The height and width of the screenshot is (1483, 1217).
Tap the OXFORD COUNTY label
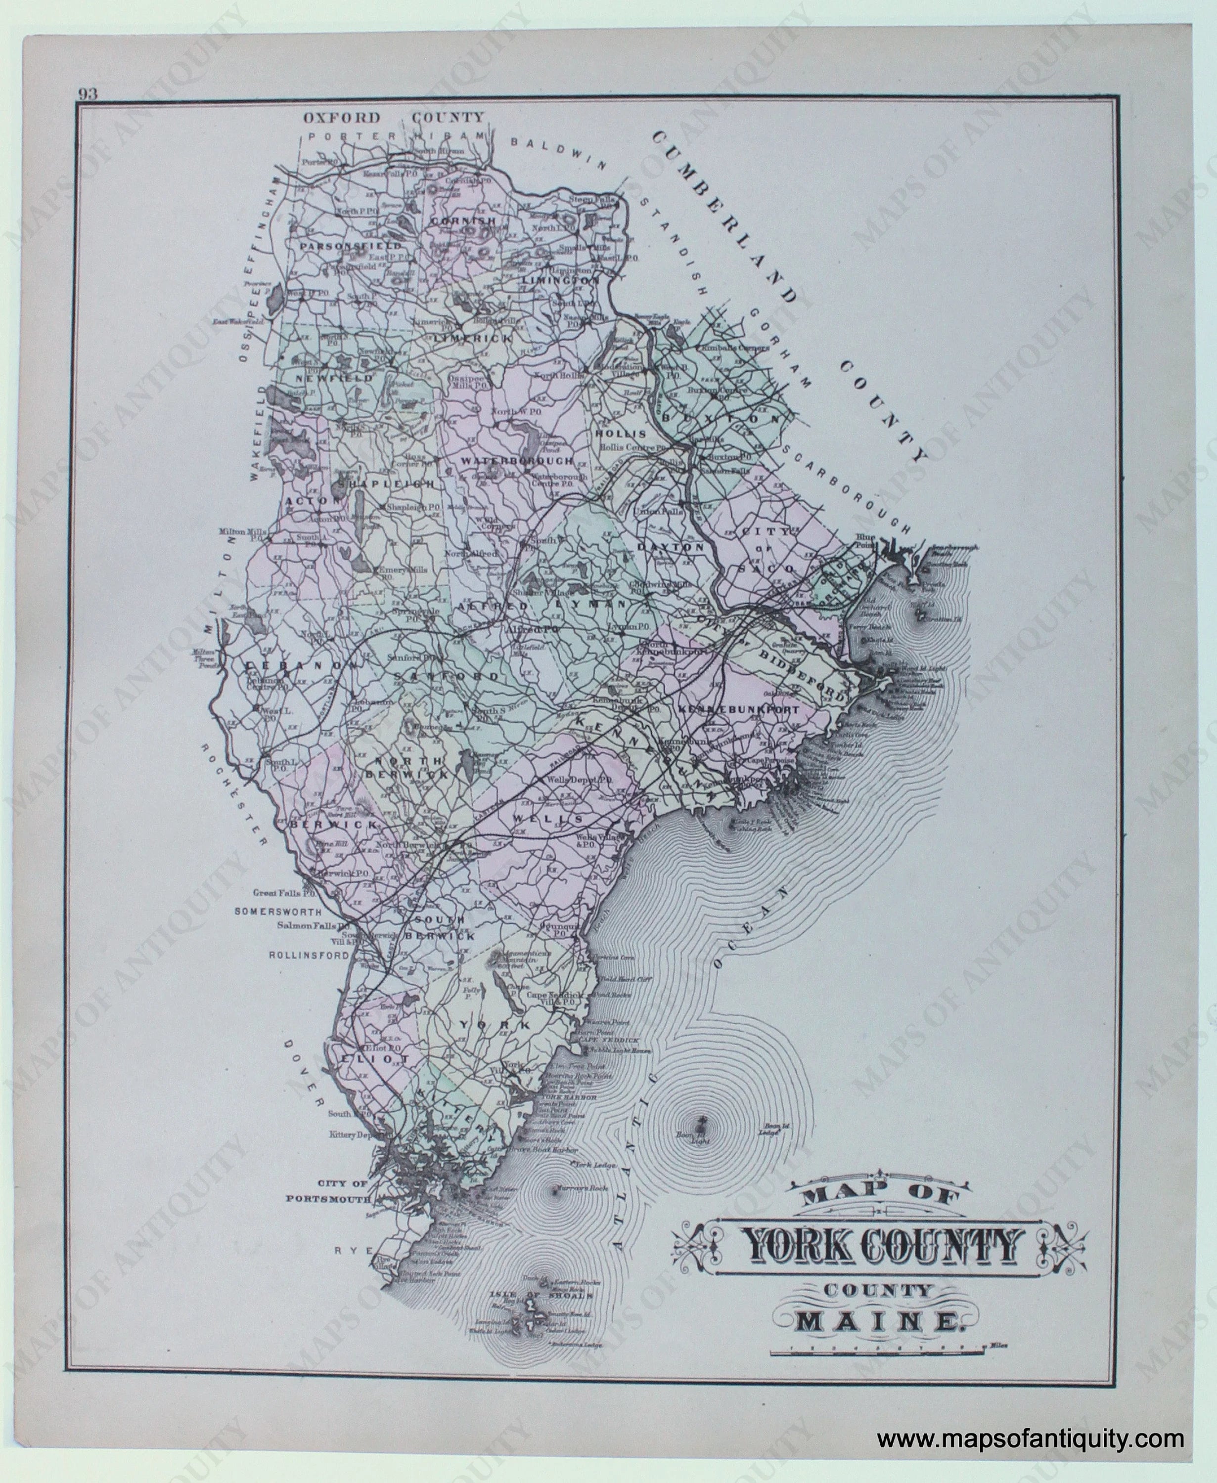tap(393, 118)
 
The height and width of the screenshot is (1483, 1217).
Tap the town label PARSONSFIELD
tap(351, 247)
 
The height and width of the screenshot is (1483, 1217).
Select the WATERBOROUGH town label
tap(517, 461)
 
